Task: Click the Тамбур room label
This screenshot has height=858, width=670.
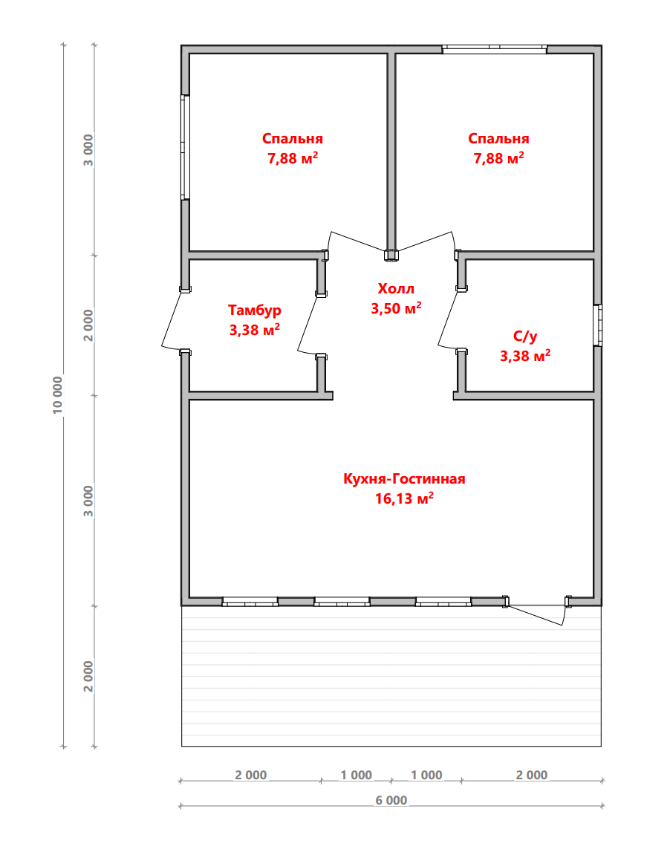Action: [254, 311]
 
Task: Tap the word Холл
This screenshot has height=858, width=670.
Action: [396, 288]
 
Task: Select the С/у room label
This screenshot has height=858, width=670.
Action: [524, 336]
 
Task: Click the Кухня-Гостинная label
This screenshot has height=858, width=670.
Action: [404, 479]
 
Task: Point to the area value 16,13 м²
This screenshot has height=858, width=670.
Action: [404, 498]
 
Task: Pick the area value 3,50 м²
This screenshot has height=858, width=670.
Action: [396, 308]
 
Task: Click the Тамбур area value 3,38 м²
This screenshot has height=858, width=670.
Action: [254, 329]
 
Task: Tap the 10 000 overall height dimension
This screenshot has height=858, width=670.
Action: [57, 394]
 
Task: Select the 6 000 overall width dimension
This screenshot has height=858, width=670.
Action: [391, 800]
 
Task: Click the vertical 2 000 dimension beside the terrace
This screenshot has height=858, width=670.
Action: [88, 676]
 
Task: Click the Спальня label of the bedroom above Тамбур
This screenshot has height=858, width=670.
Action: [293, 138]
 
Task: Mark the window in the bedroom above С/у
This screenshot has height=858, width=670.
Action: [495, 49]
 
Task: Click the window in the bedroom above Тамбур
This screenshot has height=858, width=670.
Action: [186, 147]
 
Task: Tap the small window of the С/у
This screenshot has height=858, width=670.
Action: [598, 325]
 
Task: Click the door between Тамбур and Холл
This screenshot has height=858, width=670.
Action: [310, 325]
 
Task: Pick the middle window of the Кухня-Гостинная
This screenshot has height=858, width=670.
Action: [342, 602]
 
